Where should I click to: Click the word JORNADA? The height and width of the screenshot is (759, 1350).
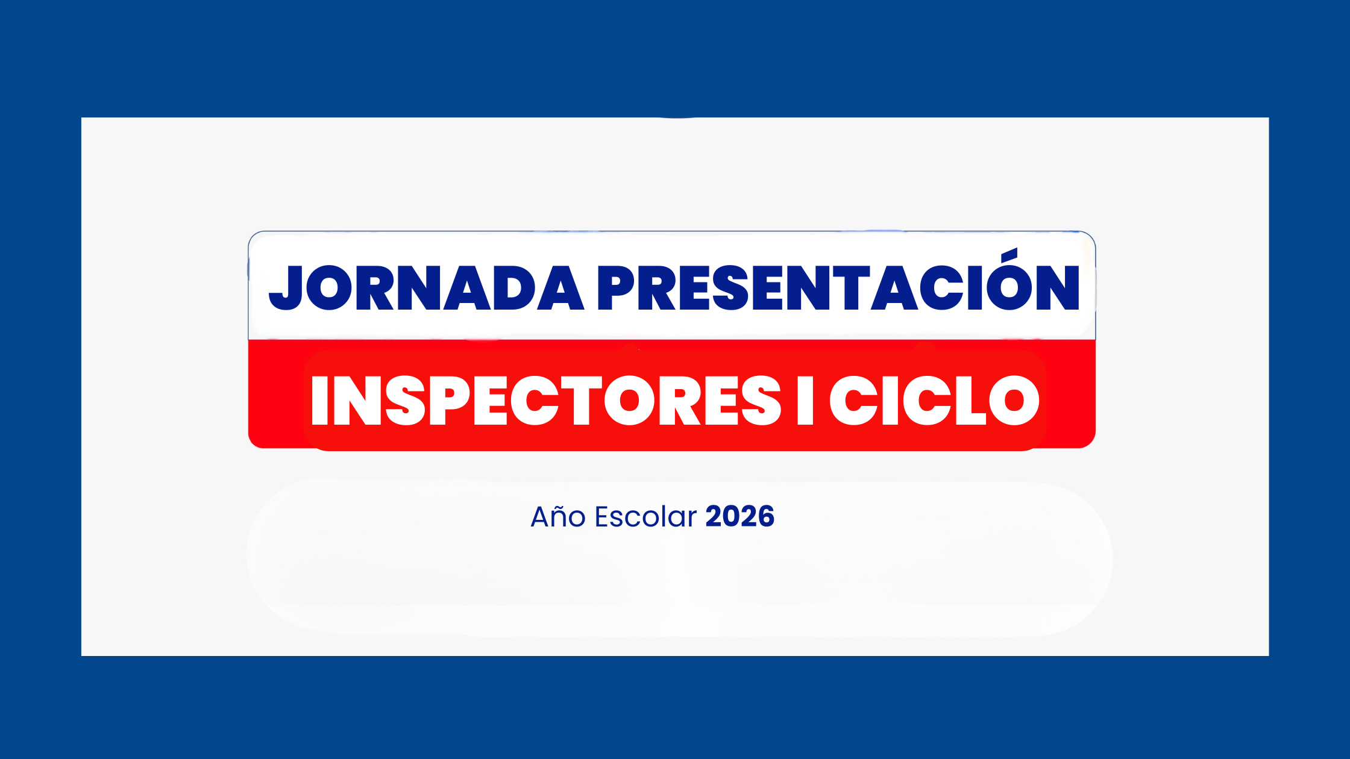tap(426, 288)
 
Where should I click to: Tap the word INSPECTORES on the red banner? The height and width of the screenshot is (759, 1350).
tap(546, 401)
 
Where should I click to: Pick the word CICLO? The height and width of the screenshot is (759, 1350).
tap(935, 401)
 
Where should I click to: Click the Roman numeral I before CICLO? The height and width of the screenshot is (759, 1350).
tap(805, 401)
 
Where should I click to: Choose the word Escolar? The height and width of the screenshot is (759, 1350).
tap(645, 517)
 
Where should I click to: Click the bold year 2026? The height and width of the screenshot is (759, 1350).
tap(740, 517)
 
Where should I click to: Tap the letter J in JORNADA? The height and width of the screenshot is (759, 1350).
tap(286, 289)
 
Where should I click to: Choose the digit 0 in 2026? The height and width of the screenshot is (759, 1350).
tap(732, 517)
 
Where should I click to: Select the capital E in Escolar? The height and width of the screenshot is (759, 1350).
tap(602, 517)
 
